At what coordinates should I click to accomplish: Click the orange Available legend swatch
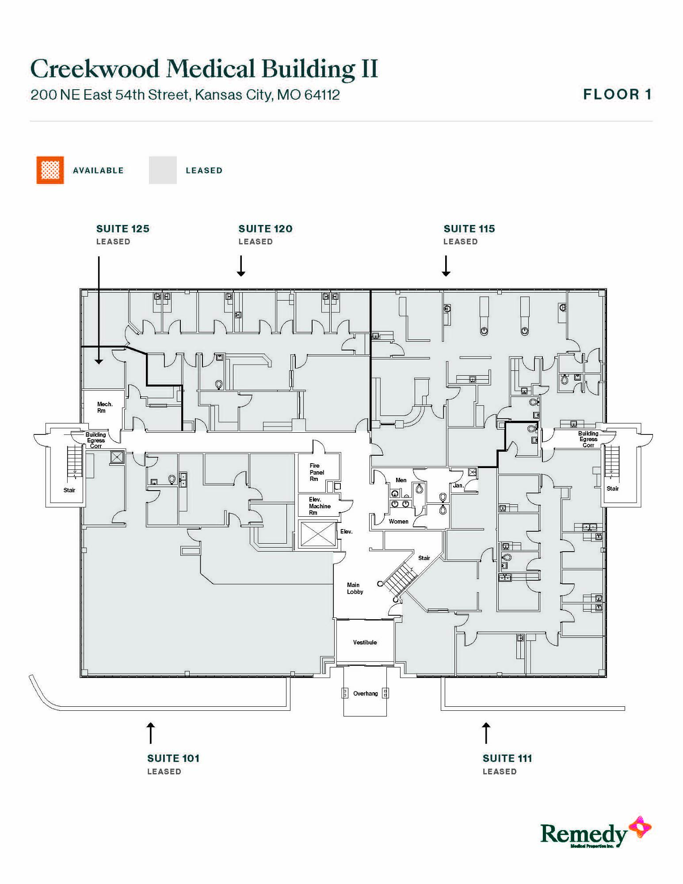pyautogui.click(x=50, y=170)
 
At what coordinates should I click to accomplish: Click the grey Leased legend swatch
pyautogui.click(x=163, y=170)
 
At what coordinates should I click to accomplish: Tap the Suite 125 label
pyautogui.click(x=123, y=229)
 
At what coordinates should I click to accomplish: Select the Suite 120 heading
pyautogui.click(x=265, y=229)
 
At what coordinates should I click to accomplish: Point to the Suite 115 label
pyautogui.click(x=469, y=229)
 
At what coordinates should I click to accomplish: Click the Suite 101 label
pyautogui.click(x=173, y=758)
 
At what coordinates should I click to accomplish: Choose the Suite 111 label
pyautogui.click(x=507, y=758)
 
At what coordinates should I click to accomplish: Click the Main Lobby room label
pyautogui.click(x=355, y=588)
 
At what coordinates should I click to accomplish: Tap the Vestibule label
pyautogui.click(x=365, y=642)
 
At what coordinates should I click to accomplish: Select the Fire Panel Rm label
pyautogui.click(x=317, y=472)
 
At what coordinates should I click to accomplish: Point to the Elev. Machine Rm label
pyautogui.click(x=320, y=506)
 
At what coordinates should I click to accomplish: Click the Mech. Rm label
pyautogui.click(x=105, y=407)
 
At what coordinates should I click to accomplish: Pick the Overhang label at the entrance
pyautogui.click(x=365, y=693)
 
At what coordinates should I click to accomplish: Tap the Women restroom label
pyautogui.click(x=398, y=522)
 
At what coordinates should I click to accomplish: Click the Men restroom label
pyautogui.click(x=401, y=480)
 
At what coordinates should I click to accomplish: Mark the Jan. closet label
pyautogui.click(x=458, y=485)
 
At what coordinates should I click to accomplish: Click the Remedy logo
pyautogui.click(x=595, y=833)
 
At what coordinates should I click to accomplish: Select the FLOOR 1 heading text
pyautogui.click(x=617, y=94)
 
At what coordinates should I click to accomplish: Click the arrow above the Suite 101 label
pyautogui.click(x=151, y=733)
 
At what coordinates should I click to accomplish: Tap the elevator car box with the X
pyautogui.click(x=318, y=534)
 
